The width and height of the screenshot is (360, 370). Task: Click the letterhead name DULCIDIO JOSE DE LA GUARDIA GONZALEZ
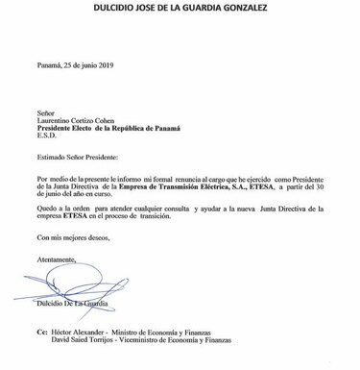(180, 10)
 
